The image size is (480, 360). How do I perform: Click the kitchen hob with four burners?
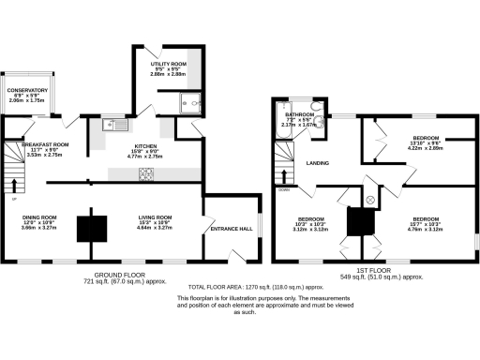coord(146,173)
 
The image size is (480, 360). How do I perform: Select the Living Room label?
coord(155,221)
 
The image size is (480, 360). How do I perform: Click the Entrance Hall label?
coord(230,228)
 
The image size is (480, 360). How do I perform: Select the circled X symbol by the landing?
coord(369,200)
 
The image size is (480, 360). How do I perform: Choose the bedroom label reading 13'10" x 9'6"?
coord(427,142)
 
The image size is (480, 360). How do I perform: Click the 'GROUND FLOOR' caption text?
coord(122,274)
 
